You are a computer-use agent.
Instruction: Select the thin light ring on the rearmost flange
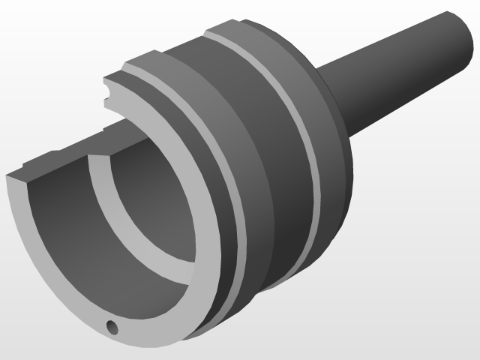pyautogui.click(x=300, y=135)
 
